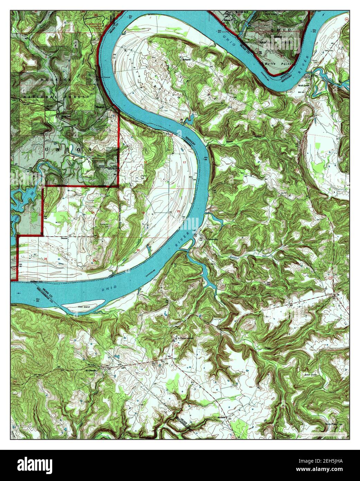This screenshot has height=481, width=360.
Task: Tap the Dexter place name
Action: tap(63, 238)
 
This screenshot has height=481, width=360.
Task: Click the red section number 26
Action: tap(46, 259)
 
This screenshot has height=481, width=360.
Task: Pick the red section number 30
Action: tap(138, 250)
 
